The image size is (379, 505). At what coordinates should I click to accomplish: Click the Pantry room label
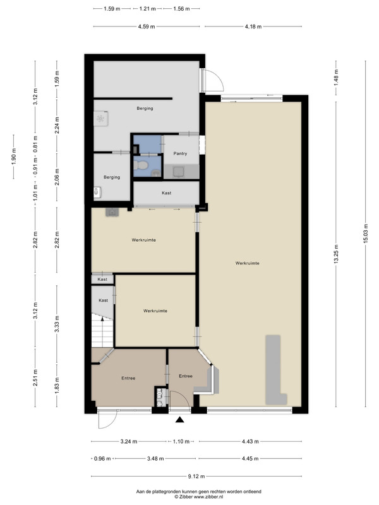click(180, 153)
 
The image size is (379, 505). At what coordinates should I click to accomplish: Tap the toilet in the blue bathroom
click(140, 165)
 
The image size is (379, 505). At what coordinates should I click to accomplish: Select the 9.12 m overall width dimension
click(196, 476)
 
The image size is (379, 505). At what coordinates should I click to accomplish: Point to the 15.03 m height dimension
click(366, 233)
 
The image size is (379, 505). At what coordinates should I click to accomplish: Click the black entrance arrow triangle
click(180, 419)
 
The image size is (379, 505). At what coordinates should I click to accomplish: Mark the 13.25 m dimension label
click(336, 254)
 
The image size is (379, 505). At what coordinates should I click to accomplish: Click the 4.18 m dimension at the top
click(253, 27)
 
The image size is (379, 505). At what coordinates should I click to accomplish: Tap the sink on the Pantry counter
click(179, 172)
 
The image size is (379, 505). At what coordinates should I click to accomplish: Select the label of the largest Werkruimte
click(247, 263)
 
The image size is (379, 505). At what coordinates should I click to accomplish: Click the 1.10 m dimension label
click(181, 441)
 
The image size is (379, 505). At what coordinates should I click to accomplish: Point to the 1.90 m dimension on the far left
click(14, 157)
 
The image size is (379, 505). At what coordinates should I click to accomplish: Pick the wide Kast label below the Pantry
click(167, 193)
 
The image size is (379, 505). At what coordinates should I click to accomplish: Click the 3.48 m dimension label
click(155, 458)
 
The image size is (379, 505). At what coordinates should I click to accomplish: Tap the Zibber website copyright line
click(198, 497)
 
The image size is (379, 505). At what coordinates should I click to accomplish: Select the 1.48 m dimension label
click(336, 78)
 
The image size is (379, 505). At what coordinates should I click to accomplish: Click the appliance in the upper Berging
click(100, 119)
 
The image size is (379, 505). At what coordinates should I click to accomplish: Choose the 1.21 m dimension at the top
click(148, 9)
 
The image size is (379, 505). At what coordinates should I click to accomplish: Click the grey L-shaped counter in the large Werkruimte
click(274, 371)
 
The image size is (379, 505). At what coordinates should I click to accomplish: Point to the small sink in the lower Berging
click(97, 193)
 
